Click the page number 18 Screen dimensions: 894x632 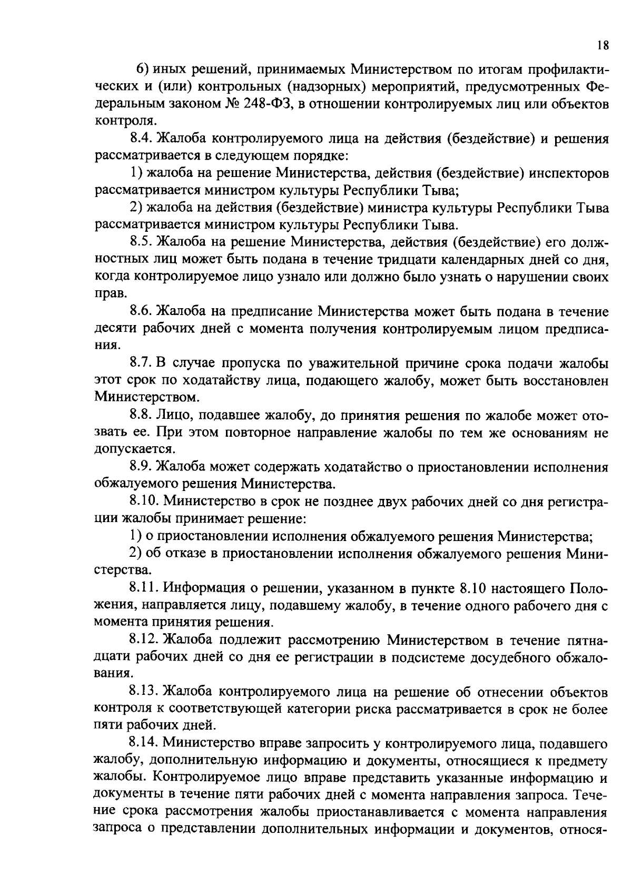click(x=603, y=45)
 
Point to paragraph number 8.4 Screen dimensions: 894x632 click(x=142, y=139)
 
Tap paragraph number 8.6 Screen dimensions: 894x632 click(x=142, y=312)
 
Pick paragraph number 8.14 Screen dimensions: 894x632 click(x=145, y=743)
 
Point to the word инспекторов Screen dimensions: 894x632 click(x=563, y=173)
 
